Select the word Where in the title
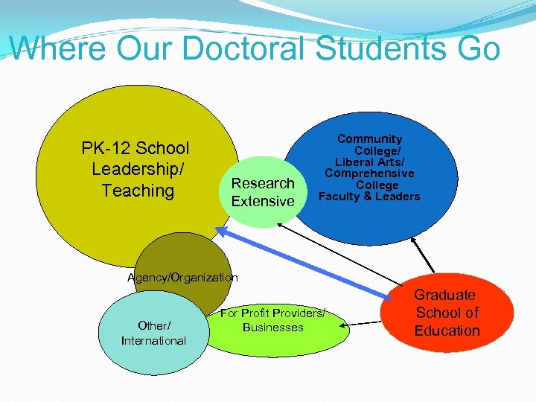coord(58,48)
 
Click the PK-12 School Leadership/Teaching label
coord(135,170)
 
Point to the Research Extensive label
coord(263,192)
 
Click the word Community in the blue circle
coord(369,139)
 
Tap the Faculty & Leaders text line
coord(369,197)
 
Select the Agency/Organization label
coord(182,278)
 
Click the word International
coord(153,341)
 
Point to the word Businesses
coord(273,328)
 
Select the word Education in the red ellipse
coord(447,331)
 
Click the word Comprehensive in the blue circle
coord(369,173)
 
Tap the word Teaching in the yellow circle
coord(138,191)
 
